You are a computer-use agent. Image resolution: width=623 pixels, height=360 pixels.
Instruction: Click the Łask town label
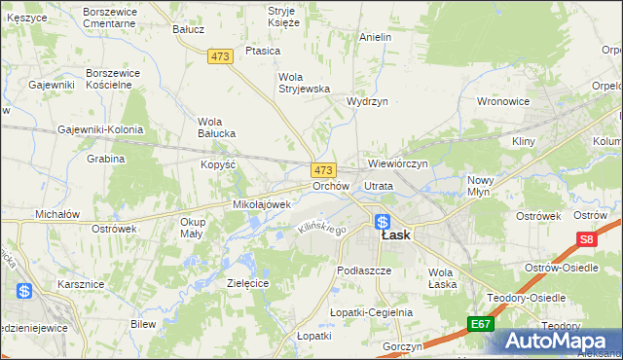point(395,235)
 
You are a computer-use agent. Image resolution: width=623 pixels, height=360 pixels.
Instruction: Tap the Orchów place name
point(331,185)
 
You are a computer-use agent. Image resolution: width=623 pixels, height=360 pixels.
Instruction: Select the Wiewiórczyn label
point(398,163)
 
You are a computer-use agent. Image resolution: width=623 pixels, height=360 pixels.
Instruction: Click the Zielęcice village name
point(247,282)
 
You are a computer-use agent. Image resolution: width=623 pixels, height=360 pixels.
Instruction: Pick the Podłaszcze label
point(363,270)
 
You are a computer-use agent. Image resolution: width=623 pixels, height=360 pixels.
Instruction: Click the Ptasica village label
point(263,50)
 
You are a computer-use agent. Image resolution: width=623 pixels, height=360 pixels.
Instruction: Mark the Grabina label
point(106,159)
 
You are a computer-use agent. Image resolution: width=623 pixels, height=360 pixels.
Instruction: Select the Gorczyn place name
point(402,346)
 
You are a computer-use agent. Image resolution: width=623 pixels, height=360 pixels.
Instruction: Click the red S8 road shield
point(585,239)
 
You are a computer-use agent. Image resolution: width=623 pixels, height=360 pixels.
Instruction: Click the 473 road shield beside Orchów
point(324,169)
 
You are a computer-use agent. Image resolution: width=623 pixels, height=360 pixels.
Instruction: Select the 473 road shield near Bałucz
point(220,57)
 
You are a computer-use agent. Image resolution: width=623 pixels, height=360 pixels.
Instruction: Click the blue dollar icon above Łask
point(383,222)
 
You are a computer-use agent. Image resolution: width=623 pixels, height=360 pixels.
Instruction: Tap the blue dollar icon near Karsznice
point(25,290)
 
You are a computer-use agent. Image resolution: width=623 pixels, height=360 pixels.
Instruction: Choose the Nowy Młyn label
point(481,186)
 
